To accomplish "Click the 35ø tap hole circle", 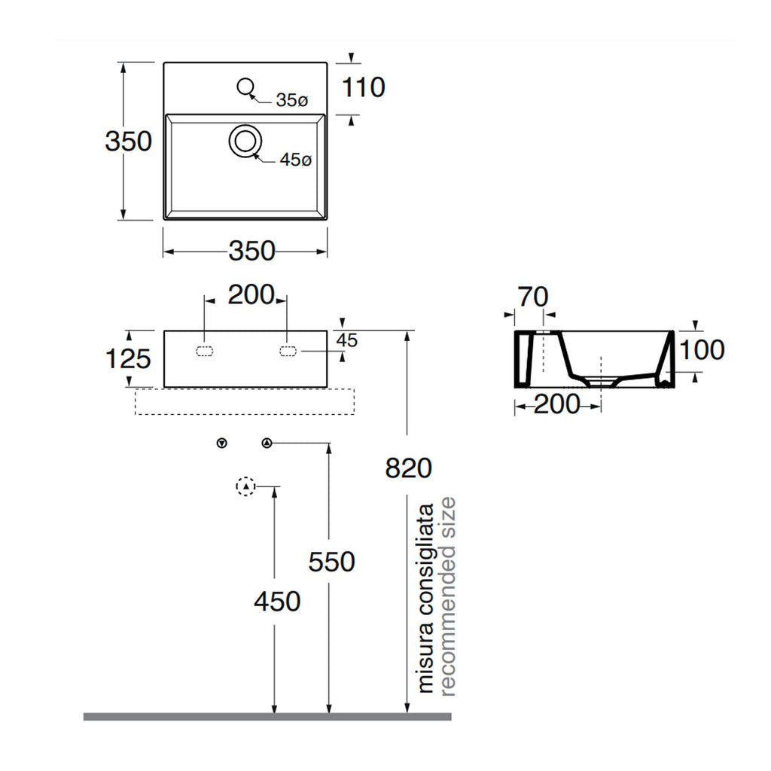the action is click(x=245, y=87).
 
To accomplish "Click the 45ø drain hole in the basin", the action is click(x=245, y=141).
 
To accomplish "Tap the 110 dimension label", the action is click(x=363, y=87).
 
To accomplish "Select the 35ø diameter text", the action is click(x=291, y=100).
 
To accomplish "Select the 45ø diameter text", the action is click(x=295, y=160).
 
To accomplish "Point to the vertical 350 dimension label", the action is click(x=128, y=141).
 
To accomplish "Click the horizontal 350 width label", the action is click(x=251, y=251).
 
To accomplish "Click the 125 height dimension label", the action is click(x=128, y=358).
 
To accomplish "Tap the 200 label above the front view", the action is click(x=251, y=295).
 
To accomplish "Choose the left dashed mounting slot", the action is click(x=205, y=351).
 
